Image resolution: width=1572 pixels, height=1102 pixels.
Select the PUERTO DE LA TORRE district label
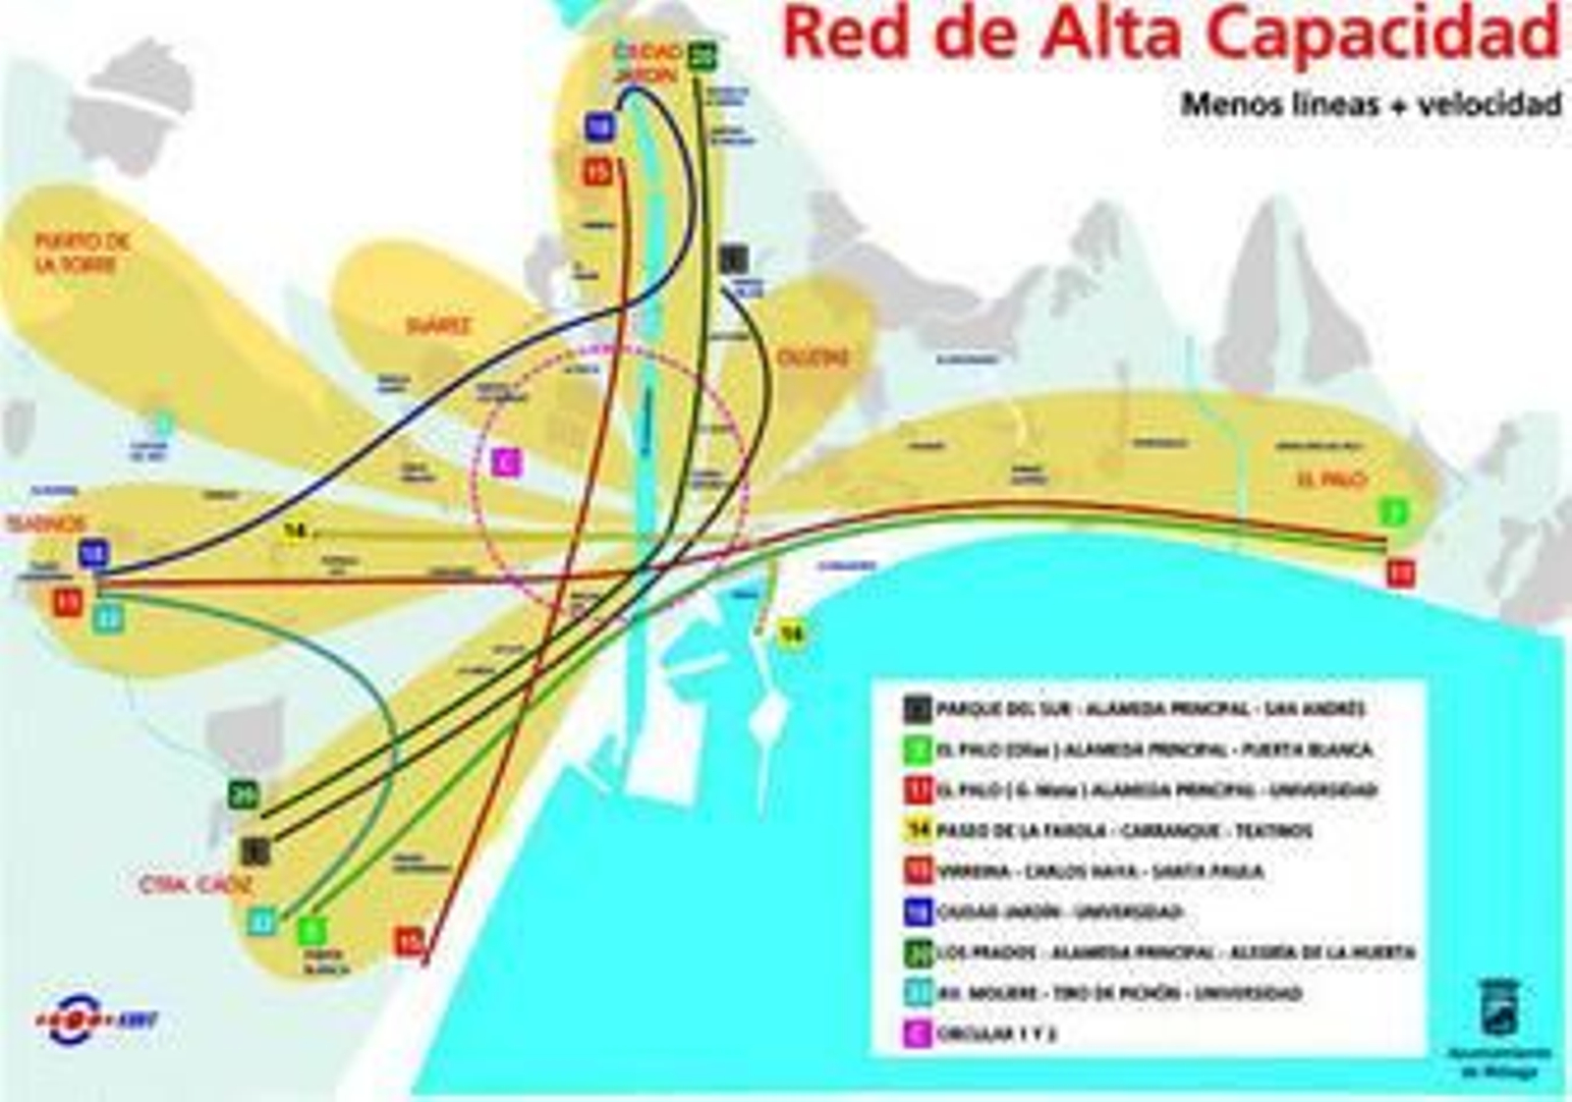coord(83,253)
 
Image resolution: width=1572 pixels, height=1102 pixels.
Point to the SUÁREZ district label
coord(438,326)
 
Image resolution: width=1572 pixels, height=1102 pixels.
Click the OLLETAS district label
coord(813,358)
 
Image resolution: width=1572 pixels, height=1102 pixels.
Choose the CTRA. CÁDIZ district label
coord(196,885)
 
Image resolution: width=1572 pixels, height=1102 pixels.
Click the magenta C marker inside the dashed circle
coord(506,462)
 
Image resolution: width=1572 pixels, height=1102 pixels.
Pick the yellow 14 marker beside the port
coord(792,634)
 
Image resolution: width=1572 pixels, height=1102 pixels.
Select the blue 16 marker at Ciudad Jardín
coord(599,127)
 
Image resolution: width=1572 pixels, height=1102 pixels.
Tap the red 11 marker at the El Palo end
coord(1400,573)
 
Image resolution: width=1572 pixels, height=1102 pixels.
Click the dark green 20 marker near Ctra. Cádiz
coord(244,794)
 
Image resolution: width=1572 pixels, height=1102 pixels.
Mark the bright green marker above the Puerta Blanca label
coord(311,930)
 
